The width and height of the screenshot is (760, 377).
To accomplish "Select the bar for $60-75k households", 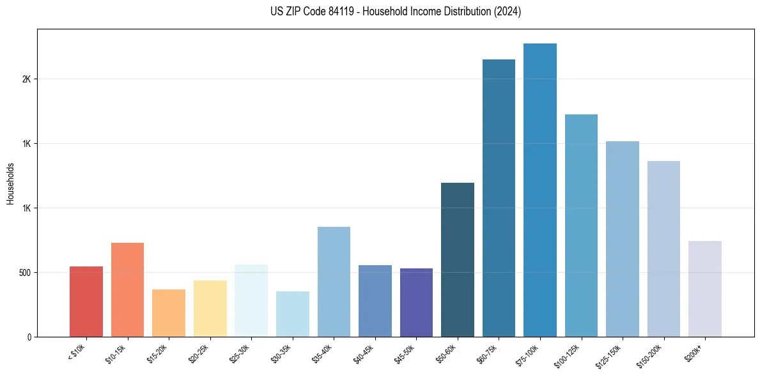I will tap(499, 198).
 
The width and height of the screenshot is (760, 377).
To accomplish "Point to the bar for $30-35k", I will tap(292, 314).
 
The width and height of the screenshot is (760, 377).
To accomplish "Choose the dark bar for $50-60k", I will tap(457, 259).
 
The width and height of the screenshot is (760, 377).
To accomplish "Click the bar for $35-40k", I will tap(334, 282).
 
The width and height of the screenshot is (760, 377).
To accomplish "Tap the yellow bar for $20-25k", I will tap(210, 309).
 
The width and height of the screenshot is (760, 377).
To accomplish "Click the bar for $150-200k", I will tap(663, 249).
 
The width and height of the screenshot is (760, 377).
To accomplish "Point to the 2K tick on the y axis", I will tap(26, 79).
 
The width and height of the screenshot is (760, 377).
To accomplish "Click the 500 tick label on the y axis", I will tap(24, 273).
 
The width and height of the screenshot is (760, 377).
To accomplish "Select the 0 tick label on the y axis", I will tap(29, 337).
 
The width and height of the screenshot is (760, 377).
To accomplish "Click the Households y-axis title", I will tap(11, 183).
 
